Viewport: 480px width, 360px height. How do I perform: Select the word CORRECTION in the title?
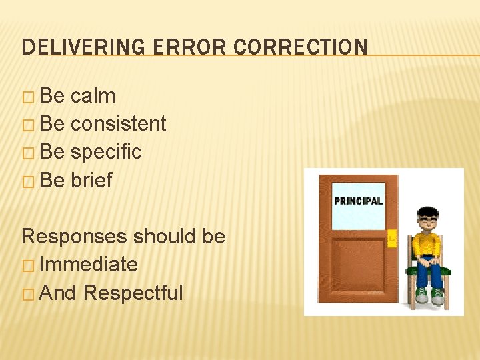click(x=301, y=47)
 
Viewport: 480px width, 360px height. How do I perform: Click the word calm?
click(x=93, y=96)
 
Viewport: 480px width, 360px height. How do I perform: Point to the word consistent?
click(x=118, y=124)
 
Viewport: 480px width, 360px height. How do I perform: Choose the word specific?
click(x=106, y=152)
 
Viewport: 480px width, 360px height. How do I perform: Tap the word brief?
click(x=91, y=180)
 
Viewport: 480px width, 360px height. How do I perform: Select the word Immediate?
click(x=89, y=265)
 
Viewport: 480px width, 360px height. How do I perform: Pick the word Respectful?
click(x=133, y=293)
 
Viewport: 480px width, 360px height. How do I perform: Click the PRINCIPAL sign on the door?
click(x=359, y=201)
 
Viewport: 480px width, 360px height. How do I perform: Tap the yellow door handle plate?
click(x=392, y=237)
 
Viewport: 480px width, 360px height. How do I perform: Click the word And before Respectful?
click(x=58, y=293)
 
